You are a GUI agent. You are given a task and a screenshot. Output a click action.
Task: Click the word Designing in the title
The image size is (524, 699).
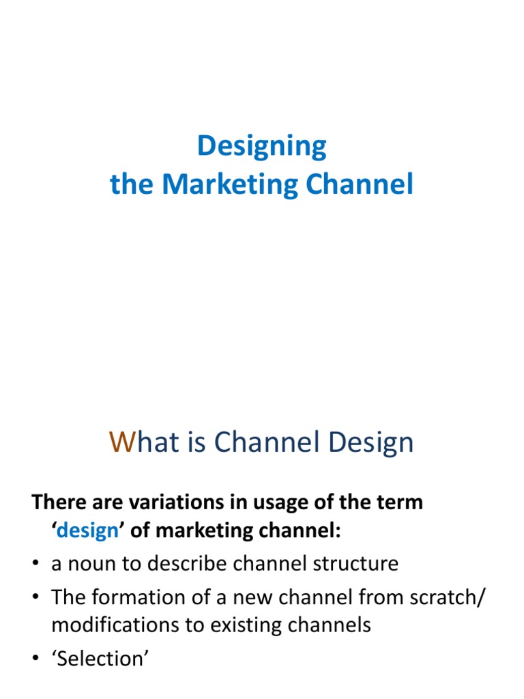coord(262,146)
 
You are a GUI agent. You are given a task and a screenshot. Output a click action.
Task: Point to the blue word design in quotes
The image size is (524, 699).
coord(87,532)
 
